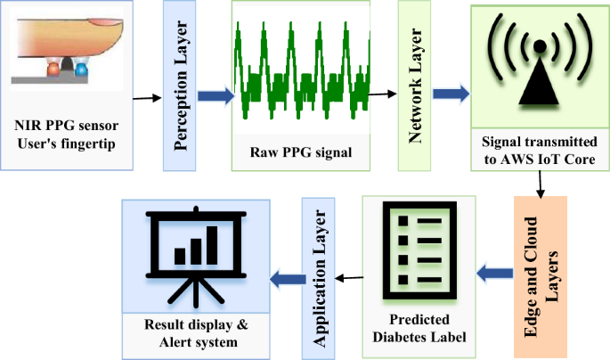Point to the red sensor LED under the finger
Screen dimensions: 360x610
[53, 69]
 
